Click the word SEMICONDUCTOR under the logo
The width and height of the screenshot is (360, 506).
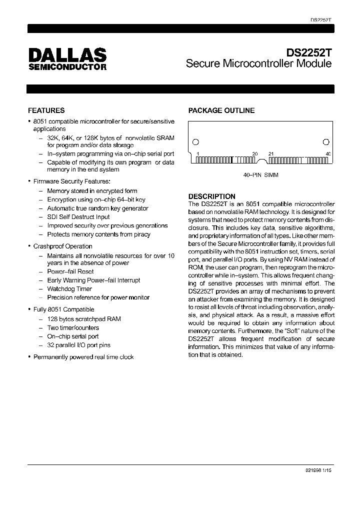(67, 66)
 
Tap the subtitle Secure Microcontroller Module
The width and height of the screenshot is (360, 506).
(258, 64)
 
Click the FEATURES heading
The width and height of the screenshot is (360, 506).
(46, 110)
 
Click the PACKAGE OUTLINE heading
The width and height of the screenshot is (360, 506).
(221, 110)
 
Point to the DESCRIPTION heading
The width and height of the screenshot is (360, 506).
(211, 196)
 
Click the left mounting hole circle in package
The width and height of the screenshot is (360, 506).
(196, 141)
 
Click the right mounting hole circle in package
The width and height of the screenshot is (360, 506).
(326, 141)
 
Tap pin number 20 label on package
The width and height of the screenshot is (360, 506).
(255, 154)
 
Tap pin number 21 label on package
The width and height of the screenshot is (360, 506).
(271, 154)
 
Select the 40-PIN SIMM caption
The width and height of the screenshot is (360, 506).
(260, 175)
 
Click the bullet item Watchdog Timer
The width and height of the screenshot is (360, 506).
(69, 289)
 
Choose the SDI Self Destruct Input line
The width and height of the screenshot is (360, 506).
(78, 217)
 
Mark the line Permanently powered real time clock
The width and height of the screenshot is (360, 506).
(83, 357)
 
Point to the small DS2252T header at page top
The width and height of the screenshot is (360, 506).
(321, 20)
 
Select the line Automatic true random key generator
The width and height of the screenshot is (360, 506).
(97, 208)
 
